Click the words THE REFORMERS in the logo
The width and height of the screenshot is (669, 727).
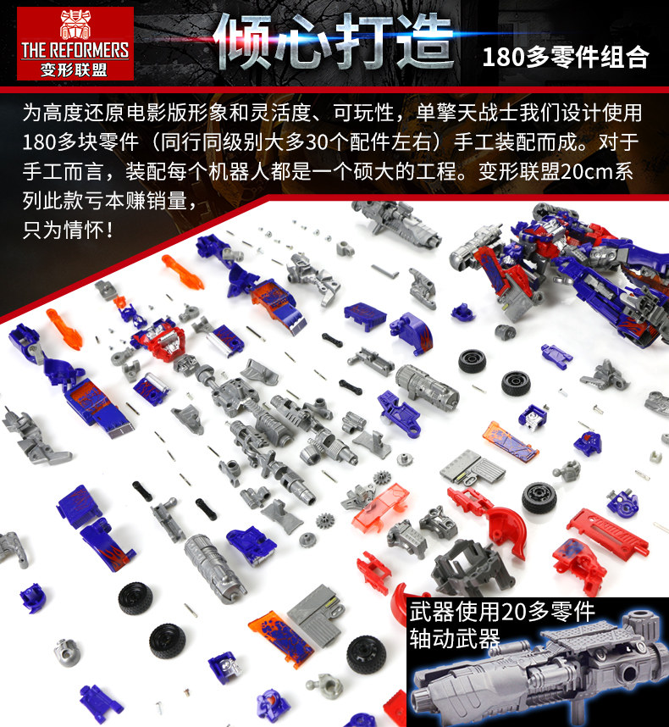75,51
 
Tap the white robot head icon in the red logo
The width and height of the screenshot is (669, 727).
75,25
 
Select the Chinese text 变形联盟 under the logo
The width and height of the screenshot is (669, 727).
75,70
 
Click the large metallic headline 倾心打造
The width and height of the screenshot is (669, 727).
333,42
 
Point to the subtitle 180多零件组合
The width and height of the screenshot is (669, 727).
565,58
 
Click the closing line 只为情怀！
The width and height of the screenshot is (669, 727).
68,230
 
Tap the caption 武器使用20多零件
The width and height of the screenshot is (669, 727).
502,612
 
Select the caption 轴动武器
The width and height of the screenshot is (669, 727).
455,639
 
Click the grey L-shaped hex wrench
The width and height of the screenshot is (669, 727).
384,271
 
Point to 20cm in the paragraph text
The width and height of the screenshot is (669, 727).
587,171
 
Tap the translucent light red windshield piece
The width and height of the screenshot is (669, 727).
381,508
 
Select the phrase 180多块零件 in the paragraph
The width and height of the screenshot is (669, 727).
80,142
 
